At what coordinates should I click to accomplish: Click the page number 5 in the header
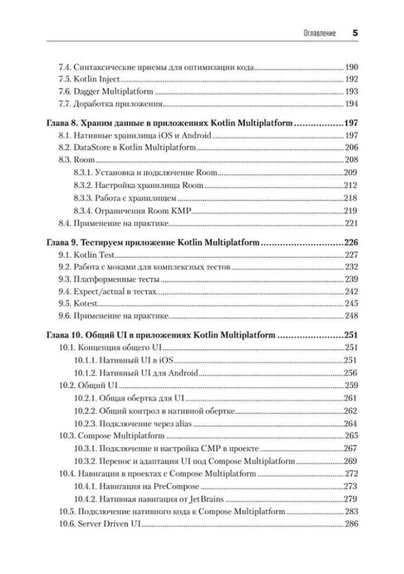pyautogui.click(x=355, y=33)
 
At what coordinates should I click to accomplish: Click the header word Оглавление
pyautogui.click(x=320, y=34)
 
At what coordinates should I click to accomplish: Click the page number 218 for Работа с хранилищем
pyautogui.click(x=351, y=197)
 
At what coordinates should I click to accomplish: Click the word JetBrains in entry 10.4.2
pyautogui.click(x=205, y=498)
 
